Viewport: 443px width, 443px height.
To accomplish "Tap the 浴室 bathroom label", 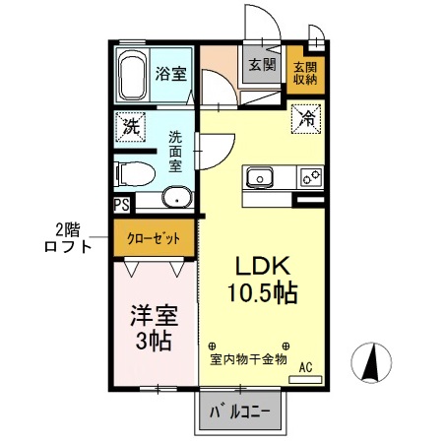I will point(171,72).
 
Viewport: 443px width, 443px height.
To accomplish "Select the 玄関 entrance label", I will point(261,66).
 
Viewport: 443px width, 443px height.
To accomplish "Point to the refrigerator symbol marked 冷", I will point(307,118).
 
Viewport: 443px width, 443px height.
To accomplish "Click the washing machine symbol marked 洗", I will point(130,125).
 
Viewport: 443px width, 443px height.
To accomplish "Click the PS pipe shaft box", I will point(121,205).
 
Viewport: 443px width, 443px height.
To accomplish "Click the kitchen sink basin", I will point(261,177).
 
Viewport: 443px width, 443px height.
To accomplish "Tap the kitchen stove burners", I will point(310,177).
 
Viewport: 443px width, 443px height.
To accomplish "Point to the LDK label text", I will point(260,268).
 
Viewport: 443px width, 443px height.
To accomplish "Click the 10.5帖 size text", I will point(260,292).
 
